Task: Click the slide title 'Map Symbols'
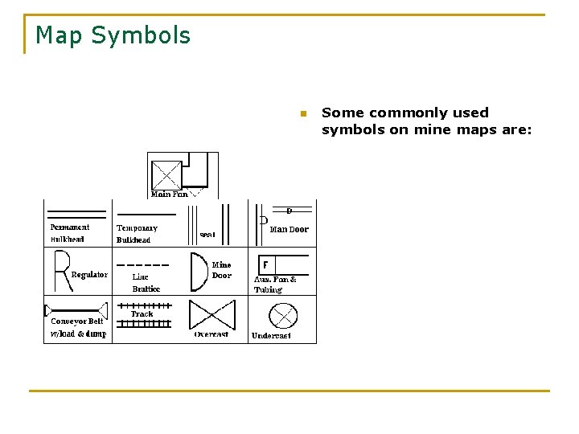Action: coord(113,35)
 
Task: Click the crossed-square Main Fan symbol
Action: coord(166,174)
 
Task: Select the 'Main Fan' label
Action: coord(170,194)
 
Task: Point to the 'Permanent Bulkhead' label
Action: coord(69,233)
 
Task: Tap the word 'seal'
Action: coord(207,235)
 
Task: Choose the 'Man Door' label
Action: coord(289,229)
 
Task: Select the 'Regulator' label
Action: coord(89,275)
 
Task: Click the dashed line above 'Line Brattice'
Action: coord(143,264)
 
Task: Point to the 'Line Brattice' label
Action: coord(146,283)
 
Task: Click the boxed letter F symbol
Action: coord(265,264)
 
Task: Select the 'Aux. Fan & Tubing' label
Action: coord(275,285)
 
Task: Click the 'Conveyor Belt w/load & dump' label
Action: coord(77,327)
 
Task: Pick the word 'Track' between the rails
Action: coord(142,314)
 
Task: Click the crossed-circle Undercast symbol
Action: coord(283,315)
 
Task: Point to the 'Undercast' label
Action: coord(271,335)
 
